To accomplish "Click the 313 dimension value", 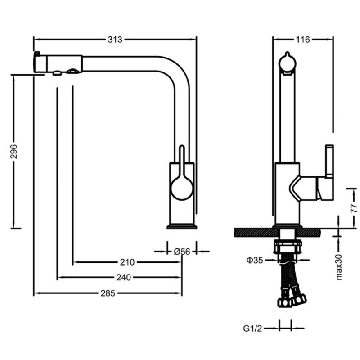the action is [115, 40].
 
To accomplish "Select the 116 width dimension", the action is [302, 40].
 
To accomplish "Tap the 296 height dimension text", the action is [14, 151].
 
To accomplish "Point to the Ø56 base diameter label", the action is [182, 252].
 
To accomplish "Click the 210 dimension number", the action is [127, 262].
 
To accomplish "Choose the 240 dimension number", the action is [123, 277].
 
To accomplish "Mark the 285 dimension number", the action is [108, 293].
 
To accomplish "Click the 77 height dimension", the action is [354, 208].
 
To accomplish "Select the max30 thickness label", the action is [339, 267].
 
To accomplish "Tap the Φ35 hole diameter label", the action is [254, 260].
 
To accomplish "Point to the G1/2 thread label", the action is [252, 328].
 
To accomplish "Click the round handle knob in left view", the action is [182, 189].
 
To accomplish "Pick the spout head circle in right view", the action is [287, 62].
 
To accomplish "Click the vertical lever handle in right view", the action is [330, 162].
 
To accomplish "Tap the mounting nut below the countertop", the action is [287, 247].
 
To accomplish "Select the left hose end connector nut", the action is [285, 302].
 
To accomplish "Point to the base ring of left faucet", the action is [182, 227].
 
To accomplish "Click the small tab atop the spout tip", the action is [37, 54].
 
